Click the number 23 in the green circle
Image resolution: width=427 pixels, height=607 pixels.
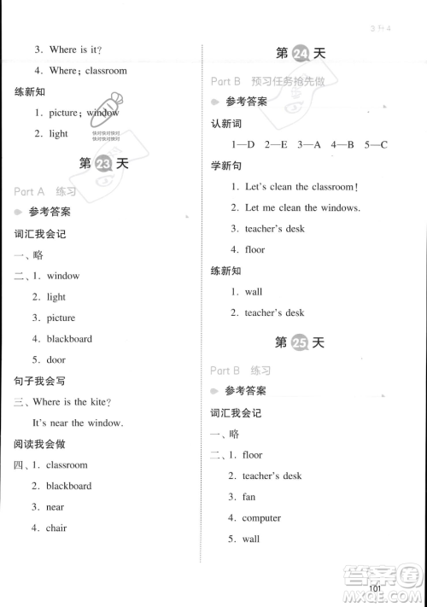103,166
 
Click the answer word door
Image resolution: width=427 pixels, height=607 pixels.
56,359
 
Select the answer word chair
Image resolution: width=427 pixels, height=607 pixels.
56,528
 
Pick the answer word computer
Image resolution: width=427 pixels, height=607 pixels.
261,518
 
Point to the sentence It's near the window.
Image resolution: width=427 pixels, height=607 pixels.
77,423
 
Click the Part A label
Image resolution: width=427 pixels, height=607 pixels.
29,190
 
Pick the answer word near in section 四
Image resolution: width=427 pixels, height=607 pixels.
56,507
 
